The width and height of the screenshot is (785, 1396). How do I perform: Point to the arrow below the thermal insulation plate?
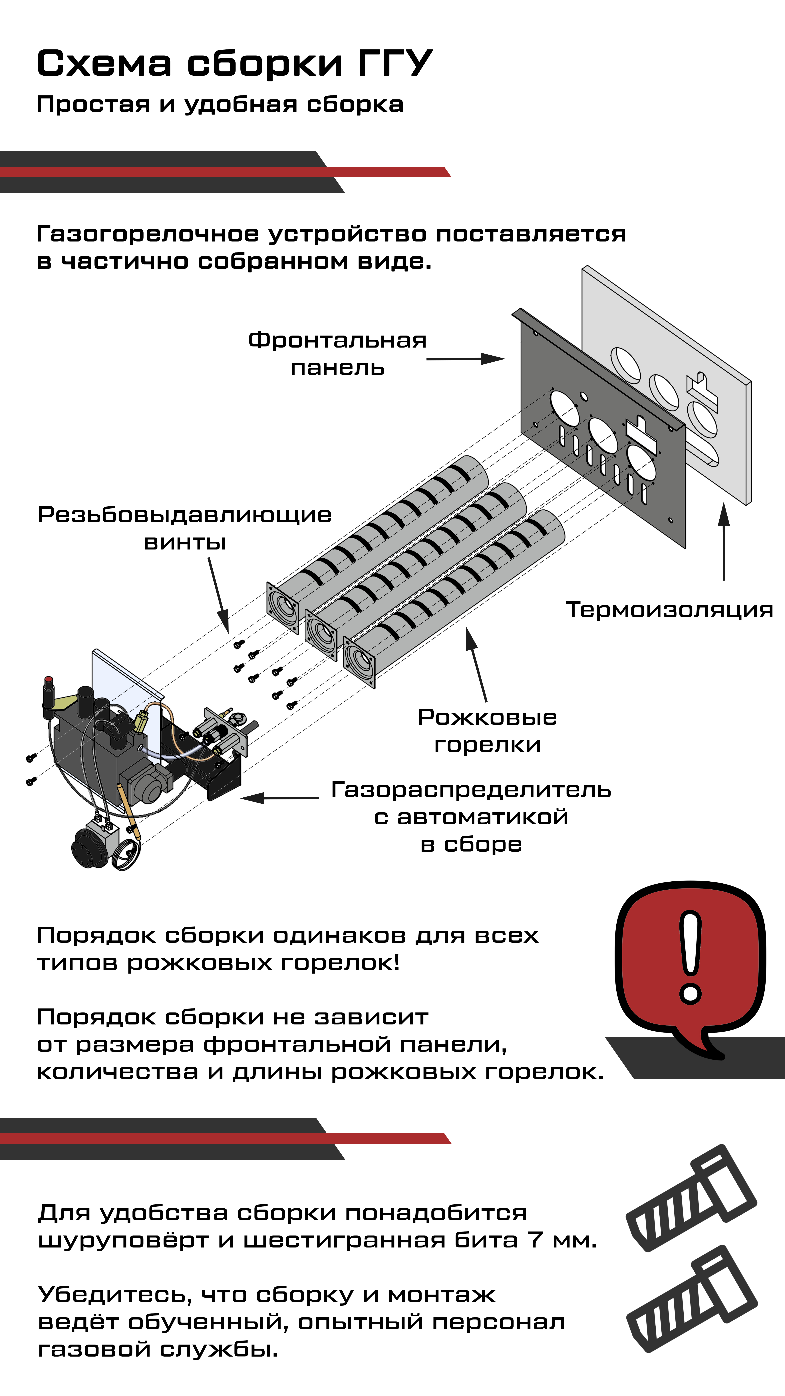[x=724, y=542]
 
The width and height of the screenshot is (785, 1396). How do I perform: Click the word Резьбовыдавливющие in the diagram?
[x=184, y=515]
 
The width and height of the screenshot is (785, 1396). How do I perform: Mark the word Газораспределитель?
[x=471, y=790]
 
